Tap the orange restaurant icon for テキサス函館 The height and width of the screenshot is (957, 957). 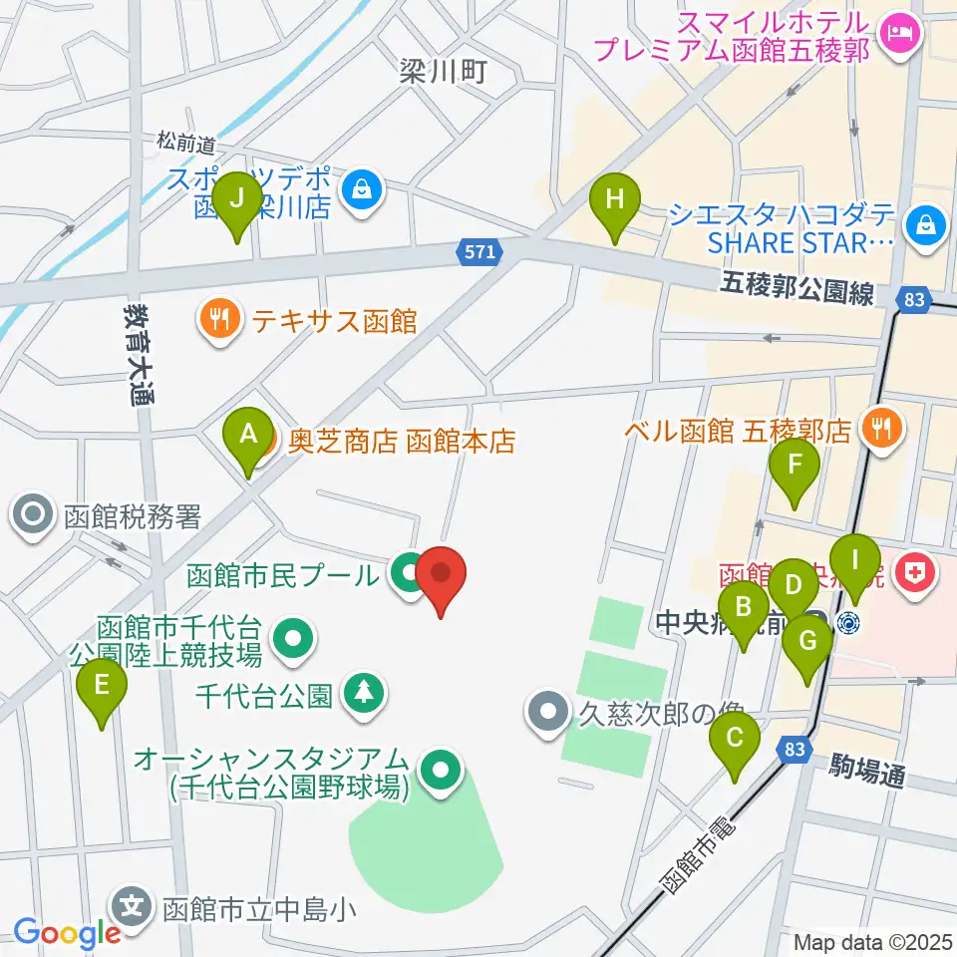point(218,320)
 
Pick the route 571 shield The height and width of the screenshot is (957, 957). point(479,253)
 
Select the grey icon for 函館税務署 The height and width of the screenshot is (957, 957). point(32,515)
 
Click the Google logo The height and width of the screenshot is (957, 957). point(67,933)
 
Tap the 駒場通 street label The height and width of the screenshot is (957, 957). point(867,771)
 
